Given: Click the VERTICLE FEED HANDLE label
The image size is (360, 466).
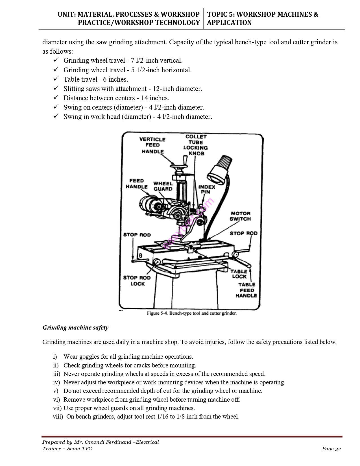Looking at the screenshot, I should point(152,145).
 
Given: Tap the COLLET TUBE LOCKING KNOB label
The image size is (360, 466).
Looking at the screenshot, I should point(196,145).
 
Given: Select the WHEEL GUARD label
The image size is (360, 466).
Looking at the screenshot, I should point(163,186).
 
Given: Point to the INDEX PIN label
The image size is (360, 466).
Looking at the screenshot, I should point(206,189).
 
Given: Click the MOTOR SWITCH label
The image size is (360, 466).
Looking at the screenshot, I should point(240,216).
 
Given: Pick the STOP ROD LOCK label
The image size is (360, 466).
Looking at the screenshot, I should point(137,281).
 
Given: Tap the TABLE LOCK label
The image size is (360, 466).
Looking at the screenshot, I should point(239,274).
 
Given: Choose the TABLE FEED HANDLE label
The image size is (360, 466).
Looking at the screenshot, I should point(246,290).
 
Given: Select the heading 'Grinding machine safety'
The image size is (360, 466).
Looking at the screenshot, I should point(75,328).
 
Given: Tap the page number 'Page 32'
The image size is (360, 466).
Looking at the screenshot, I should point(331,449).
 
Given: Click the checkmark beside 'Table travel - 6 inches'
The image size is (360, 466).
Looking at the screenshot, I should point(56,79).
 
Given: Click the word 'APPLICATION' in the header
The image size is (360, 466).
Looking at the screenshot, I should point(229,23).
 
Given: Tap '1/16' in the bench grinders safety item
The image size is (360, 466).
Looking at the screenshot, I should point(162,417).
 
